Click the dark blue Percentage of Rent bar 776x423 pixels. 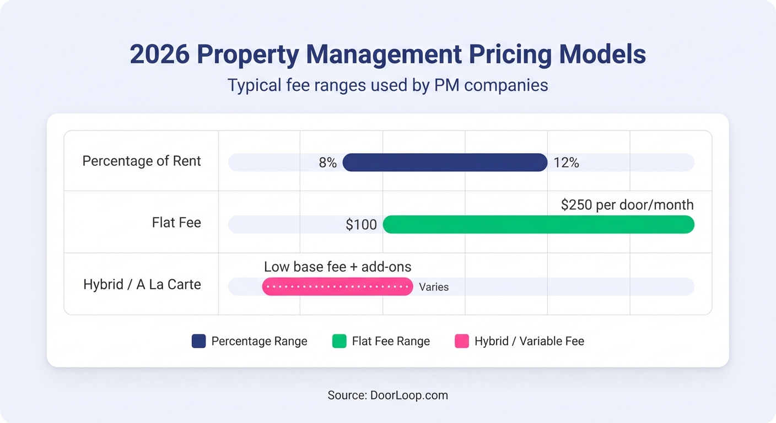pos(445,162)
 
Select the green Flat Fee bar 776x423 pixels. pos(538,224)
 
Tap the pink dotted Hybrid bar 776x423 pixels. pos(337,286)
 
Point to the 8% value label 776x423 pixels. pos(327,163)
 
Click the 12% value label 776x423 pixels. pos(567,163)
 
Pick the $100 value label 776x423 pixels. pos(362,225)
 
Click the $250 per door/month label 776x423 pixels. pos(627,205)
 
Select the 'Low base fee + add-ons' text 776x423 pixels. pos(337,267)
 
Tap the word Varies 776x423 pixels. pos(434,287)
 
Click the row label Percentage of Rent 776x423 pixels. pos(142,161)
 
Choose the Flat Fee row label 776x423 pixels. pos(176,223)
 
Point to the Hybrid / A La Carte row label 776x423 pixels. pos(142,285)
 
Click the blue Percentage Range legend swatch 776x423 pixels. pos(198,341)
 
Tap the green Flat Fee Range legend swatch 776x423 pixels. pos(339,341)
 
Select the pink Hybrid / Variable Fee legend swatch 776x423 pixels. pos(462,341)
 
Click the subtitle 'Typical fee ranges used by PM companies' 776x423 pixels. pos(388,85)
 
